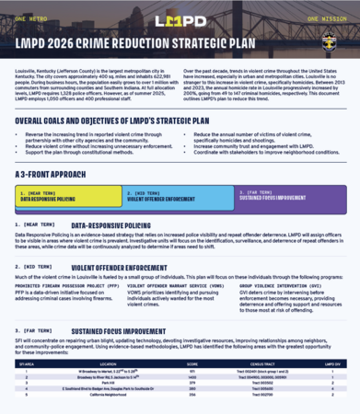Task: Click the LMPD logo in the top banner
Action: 180,19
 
